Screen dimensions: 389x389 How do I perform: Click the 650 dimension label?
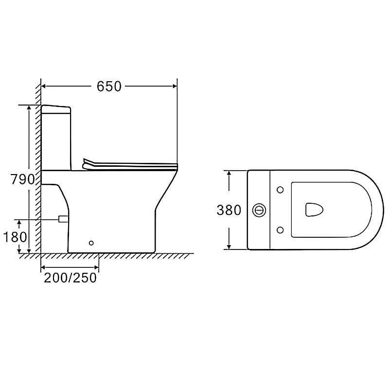pos(109,87)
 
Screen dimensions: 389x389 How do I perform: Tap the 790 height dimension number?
pos(22,179)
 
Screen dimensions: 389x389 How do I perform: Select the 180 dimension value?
pos(15,237)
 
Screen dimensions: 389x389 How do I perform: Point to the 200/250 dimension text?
pos(70,278)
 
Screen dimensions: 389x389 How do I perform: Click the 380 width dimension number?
pos(229,210)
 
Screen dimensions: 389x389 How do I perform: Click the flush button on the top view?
pos(259,210)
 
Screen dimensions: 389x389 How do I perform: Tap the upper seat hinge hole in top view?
pos(280,190)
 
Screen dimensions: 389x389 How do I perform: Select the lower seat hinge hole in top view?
pos(280,230)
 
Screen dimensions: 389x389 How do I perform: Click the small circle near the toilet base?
pos(91,243)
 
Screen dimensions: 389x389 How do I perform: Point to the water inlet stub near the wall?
pos(63,219)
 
